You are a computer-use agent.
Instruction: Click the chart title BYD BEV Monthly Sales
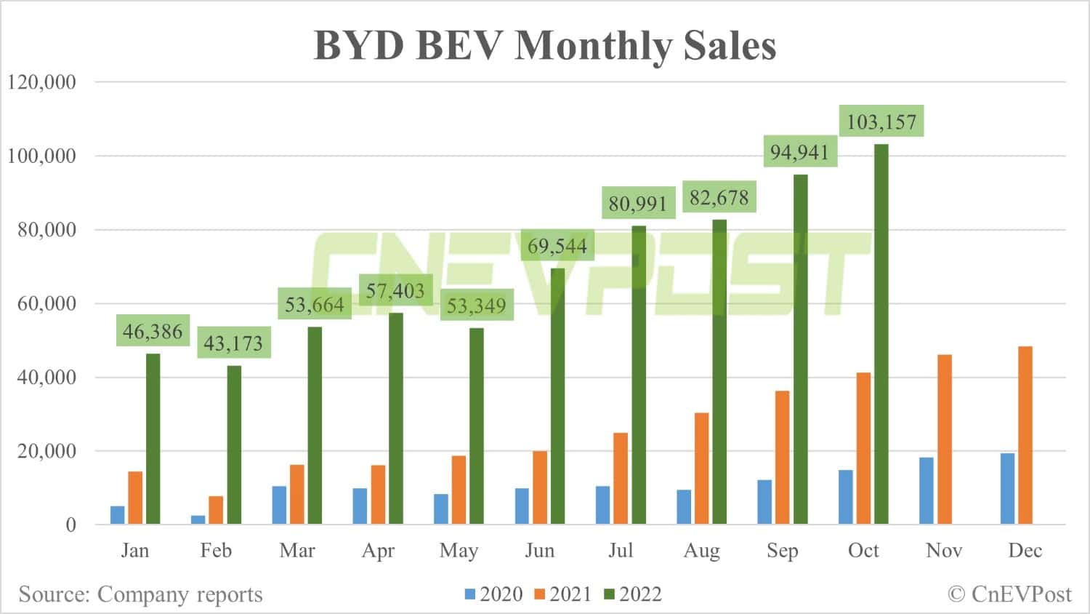click(544, 45)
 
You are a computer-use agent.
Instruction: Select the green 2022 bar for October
click(881, 335)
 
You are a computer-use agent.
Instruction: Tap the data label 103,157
click(881, 121)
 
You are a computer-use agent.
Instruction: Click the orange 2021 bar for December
click(1025, 435)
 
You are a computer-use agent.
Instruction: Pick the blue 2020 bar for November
click(926, 491)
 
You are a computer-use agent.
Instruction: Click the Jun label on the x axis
click(540, 550)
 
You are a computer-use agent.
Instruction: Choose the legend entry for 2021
click(563, 594)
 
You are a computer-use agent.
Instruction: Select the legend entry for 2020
click(494, 594)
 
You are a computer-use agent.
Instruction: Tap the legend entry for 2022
click(633, 594)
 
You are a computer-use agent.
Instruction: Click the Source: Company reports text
click(140, 594)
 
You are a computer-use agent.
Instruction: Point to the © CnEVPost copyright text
click(1009, 594)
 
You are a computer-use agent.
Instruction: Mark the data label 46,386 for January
click(153, 332)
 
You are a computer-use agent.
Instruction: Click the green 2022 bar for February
click(234, 445)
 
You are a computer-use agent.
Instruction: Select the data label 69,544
click(557, 246)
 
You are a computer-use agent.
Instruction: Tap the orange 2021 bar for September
click(782, 458)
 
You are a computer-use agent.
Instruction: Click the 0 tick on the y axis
click(70, 525)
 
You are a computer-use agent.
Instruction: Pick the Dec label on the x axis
click(1025, 550)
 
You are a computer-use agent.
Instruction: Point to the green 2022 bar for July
click(639, 375)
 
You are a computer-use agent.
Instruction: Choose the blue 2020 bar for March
click(279, 505)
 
